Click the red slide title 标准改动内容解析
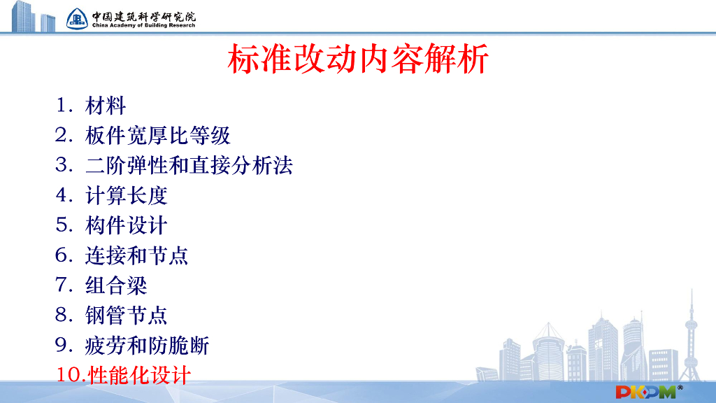coord(357,59)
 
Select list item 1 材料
coord(106,106)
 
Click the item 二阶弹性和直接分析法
coord(189,166)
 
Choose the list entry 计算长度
coord(127,196)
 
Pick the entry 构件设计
coord(127,226)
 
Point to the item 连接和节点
coord(137,255)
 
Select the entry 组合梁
coord(116,285)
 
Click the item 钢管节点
coord(127,316)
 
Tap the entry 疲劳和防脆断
coord(148,346)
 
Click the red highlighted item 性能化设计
coord(139,375)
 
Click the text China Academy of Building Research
coord(143,25)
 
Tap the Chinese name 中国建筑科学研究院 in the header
coord(143,15)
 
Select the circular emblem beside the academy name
coord(78,18)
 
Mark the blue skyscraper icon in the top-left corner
coord(28,16)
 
